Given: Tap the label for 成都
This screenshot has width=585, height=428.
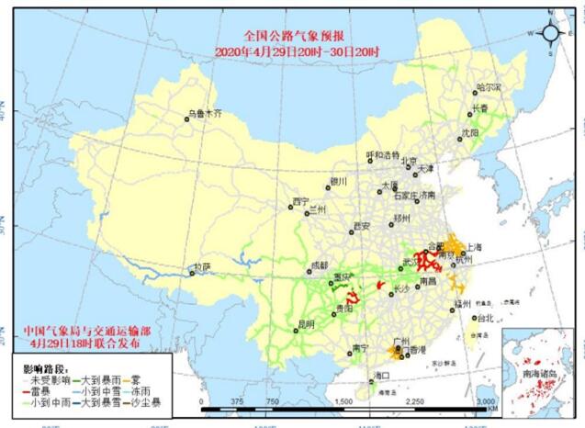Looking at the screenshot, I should pos(319,265).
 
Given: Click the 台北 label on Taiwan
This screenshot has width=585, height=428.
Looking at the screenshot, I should pos(485,319).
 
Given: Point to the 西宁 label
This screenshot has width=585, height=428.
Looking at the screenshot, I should pos(301,201).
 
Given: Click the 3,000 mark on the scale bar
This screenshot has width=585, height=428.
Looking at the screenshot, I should pos(485,401).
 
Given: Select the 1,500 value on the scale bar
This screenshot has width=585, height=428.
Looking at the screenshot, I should pos(343,401).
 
